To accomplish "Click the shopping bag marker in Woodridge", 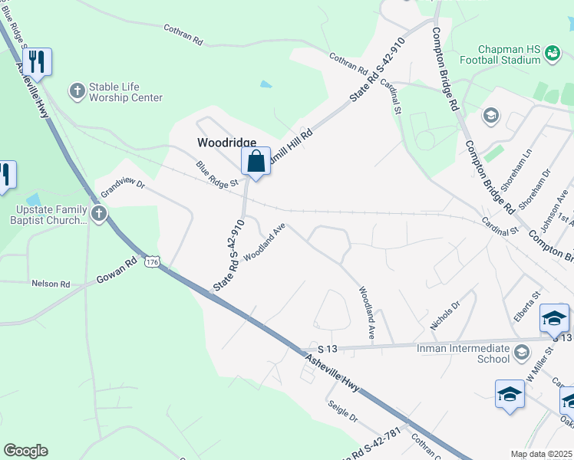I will tap(256, 162).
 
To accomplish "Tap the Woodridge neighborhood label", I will tap(226, 143).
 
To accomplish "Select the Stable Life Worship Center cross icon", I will tap(77, 91).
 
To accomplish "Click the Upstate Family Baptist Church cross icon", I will tap(99, 215).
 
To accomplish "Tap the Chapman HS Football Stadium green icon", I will tap(552, 53).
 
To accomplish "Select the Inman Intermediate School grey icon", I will tap(522, 352).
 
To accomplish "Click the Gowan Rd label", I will tap(116, 271).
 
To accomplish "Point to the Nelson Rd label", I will tap(51, 284).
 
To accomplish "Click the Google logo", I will tap(25, 451).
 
